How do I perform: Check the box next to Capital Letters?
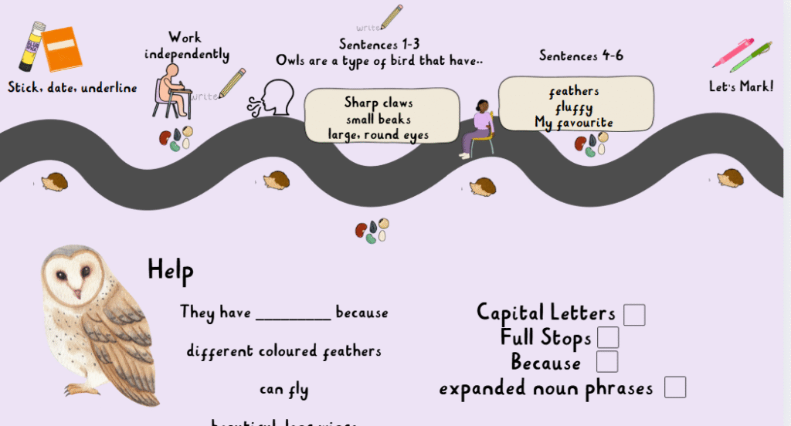pos(634,315)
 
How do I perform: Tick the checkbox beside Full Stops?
pos(608,338)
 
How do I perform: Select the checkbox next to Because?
pos(607,361)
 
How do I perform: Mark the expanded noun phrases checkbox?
pos(674,387)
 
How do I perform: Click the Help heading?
pos(170,270)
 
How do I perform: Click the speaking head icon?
pos(271,98)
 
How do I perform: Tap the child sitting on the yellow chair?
pos(479,128)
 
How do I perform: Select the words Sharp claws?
pos(379,103)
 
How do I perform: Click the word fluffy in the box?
pos(573,107)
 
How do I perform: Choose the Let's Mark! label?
pos(741,86)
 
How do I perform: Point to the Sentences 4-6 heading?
pos(581,56)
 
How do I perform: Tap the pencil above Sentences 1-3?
pos(391,16)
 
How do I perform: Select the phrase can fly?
pos(283,390)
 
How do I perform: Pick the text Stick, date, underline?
pos(73,88)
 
